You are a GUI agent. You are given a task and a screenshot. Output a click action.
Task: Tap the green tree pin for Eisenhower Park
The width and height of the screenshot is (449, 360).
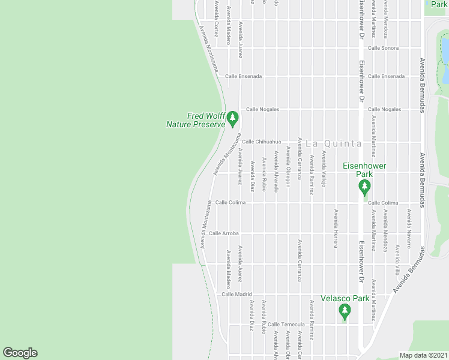(364, 187)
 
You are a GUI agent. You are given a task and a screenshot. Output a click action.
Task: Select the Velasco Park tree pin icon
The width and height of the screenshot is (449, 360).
(344, 311)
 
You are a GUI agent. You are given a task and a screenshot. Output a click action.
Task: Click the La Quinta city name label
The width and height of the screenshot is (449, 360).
(334, 143)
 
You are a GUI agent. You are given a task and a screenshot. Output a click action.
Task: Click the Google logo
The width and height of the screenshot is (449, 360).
(20, 353)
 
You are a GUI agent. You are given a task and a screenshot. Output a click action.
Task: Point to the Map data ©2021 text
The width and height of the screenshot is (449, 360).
(423, 355)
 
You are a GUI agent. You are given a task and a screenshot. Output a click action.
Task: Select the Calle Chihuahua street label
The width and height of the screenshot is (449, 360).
(262, 142)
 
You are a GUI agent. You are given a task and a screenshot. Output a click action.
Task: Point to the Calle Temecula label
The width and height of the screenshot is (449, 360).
(286, 324)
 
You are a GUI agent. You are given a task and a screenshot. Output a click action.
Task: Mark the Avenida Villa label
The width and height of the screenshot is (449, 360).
(397, 254)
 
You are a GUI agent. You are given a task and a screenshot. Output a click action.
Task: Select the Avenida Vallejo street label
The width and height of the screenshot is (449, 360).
(324, 169)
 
